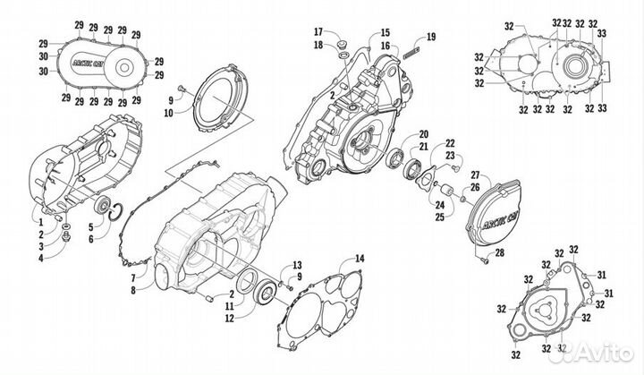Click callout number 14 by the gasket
[359, 259]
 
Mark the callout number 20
[423, 132]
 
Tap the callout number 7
[131, 278]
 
